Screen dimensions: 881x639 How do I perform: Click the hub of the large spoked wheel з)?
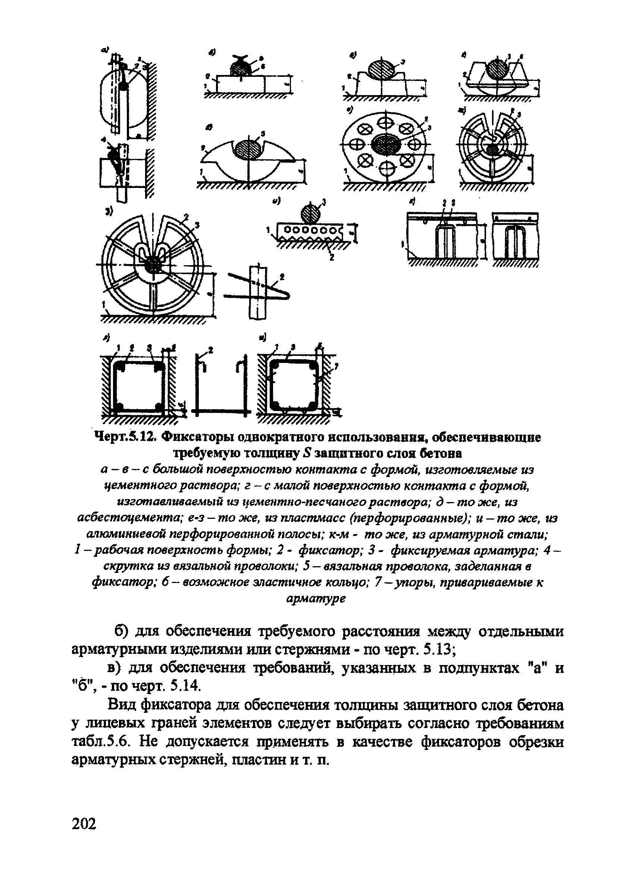click(x=152, y=266)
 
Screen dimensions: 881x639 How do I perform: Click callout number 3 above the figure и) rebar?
click(x=323, y=202)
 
